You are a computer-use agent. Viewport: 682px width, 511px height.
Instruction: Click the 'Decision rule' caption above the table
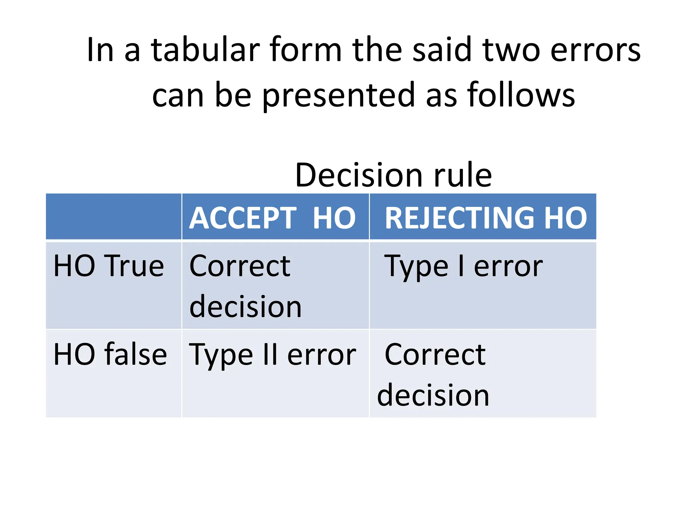click(393, 175)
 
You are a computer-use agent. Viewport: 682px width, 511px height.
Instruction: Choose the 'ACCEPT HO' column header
click(273, 218)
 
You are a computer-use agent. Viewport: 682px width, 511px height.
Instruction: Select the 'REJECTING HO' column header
click(486, 218)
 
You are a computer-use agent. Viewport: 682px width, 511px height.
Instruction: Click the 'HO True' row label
click(109, 266)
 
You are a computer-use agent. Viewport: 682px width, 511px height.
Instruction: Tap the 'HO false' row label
click(110, 355)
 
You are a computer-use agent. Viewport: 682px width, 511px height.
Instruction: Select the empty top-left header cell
click(114, 217)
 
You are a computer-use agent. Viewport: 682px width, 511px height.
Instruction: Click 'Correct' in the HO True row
click(240, 266)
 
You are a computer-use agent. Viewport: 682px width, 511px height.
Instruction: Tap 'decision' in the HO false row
click(433, 395)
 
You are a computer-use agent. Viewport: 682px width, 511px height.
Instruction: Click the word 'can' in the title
click(178, 96)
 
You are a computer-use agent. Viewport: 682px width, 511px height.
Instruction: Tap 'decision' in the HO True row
click(245, 307)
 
